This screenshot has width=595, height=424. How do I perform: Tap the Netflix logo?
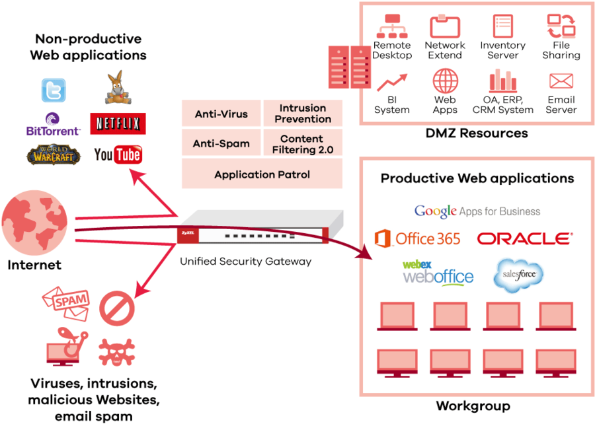pos(117,123)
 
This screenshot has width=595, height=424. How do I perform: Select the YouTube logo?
pos(118,154)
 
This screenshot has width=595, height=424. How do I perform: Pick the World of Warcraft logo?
pos(54,155)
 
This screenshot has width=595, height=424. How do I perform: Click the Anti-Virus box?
pos(221,114)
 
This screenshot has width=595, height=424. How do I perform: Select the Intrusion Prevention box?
pos(303,114)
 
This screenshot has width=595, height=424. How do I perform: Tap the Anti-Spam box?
pos(221,144)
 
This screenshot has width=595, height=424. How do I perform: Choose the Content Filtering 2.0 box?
pos(303,144)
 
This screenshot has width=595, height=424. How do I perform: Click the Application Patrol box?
pos(262,175)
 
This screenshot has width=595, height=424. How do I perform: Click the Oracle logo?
pos(525,239)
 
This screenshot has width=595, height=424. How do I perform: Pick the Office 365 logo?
pos(417,238)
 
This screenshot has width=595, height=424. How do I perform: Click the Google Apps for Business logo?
pos(477,212)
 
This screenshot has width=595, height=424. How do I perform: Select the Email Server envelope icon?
pos(561,81)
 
